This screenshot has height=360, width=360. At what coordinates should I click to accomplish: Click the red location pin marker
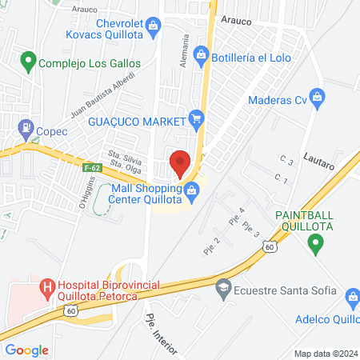tap(180, 162)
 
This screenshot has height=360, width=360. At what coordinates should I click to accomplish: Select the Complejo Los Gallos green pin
tap(29, 61)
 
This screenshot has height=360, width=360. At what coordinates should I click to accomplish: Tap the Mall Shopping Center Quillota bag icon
tap(191, 190)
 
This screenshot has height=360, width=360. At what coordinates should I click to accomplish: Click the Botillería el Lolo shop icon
tap(201, 56)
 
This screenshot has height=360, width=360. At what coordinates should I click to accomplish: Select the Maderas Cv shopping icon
tap(318, 99)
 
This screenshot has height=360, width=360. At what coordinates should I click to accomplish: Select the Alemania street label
tap(185, 50)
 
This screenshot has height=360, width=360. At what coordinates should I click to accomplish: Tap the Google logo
tap(26, 350)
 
